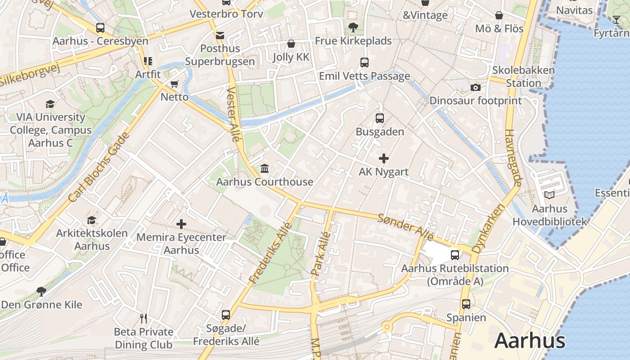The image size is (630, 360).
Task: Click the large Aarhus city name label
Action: click(530, 341)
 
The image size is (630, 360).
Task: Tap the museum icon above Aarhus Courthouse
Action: click(265, 169)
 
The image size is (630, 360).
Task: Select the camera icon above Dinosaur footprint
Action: click(475, 87)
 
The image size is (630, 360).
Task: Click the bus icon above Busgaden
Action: click(380, 118)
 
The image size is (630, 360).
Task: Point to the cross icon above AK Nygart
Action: click(384, 158)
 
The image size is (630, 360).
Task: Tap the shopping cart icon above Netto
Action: click(175, 84)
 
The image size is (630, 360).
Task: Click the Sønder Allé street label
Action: click(405, 227)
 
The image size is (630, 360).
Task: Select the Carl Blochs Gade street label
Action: click(99, 167)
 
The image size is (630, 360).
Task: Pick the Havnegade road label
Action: click(513, 158)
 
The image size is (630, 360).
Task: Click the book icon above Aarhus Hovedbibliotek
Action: click(549, 195)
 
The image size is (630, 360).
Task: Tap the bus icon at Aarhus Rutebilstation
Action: click(455, 255)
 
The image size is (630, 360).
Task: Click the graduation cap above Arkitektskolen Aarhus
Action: click(92, 220)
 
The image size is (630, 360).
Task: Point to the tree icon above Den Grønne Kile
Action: click(41, 291)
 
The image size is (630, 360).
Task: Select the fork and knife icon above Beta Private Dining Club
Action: click(144, 319)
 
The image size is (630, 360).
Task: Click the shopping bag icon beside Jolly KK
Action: click(291, 44)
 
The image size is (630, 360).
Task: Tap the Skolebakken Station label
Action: click(523, 76)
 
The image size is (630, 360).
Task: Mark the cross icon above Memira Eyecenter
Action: click(181, 224)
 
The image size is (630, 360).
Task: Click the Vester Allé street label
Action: click(233, 114)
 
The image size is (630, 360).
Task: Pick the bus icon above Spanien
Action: click(466, 304)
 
